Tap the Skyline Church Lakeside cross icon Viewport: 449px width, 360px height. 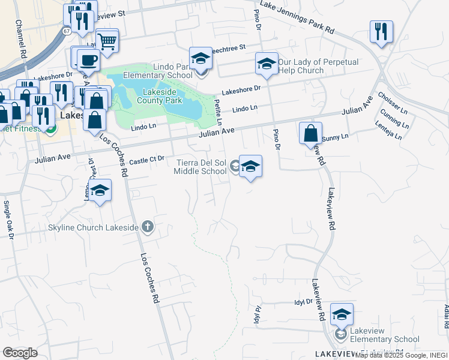148,227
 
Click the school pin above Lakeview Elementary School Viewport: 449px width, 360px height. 342,315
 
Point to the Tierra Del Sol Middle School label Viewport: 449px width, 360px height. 200,167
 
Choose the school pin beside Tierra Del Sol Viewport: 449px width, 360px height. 250,167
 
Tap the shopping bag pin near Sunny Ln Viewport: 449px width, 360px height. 310,133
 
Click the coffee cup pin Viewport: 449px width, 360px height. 88,61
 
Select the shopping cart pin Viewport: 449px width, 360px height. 107,41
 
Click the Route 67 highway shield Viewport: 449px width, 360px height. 66,30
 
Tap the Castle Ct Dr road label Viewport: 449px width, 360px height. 146,161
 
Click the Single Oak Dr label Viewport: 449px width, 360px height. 8,219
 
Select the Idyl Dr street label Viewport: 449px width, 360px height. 304,302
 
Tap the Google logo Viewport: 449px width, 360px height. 20,353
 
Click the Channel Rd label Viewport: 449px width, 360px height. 22,40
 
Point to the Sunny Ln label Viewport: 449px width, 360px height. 335,138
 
